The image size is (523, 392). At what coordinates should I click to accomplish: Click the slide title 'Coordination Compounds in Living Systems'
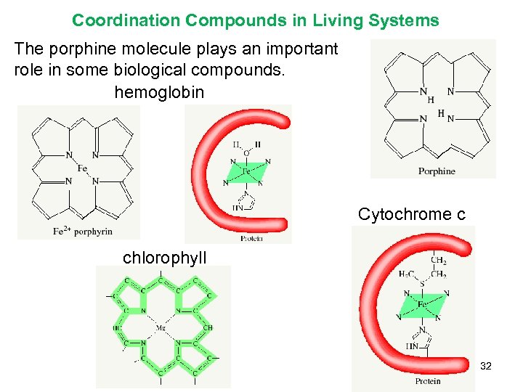tap(255, 20)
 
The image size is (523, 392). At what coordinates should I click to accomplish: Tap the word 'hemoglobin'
tap(159, 92)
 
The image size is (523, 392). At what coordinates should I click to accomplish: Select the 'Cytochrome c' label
tap(411, 214)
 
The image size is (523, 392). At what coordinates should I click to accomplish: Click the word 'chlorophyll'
tap(164, 257)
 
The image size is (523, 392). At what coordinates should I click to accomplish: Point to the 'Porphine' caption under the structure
tap(437, 171)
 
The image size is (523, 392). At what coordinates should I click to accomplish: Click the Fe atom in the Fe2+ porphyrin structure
tap(82, 168)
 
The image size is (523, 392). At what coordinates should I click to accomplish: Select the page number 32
tap(486, 366)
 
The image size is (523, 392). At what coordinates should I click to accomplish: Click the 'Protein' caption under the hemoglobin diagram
tap(251, 237)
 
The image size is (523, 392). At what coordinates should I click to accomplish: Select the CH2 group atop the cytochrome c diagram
tap(438, 260)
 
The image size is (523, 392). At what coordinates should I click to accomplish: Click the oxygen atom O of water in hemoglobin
tap(246, 153)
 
